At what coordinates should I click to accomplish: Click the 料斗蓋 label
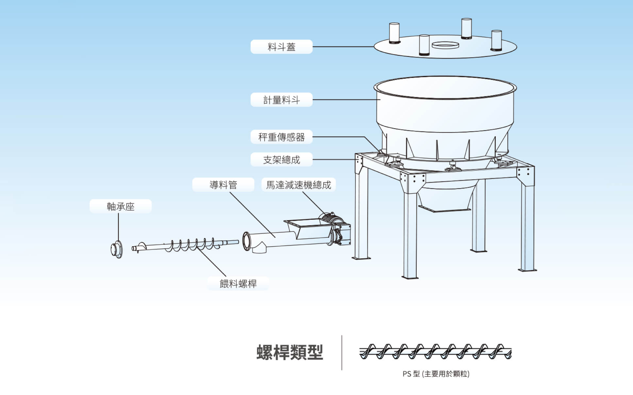coord(281,47)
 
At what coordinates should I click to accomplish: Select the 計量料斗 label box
coord(281,100)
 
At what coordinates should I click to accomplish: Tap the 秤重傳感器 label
coord(281,137)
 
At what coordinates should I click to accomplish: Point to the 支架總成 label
coord(281,160)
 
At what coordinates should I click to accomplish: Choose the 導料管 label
coord(223,185)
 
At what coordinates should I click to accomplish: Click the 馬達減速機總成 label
coord(298,185)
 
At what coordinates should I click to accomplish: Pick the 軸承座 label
coord(121,206)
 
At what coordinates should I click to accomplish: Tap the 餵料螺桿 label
coord(238,283)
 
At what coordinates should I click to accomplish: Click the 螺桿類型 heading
coord(290,352)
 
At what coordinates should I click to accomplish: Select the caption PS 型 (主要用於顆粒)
coord(436,374)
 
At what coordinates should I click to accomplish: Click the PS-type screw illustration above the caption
coord(436,352)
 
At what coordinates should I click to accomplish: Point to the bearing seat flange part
coord(117,250)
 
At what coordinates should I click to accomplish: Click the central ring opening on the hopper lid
coord(445,45)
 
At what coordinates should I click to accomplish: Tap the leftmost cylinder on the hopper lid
coord(394,33)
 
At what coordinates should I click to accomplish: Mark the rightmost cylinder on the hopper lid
coord(496,40)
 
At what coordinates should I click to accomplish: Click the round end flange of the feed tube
coord(247,241)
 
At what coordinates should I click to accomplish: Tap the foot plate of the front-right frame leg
coord(527,270)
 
